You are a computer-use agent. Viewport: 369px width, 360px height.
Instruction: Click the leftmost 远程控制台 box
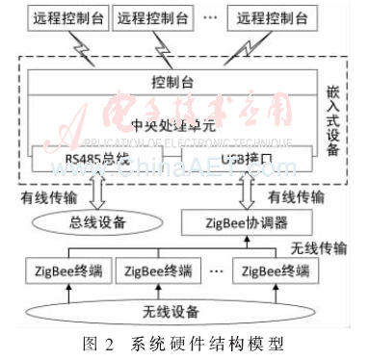click(x=56, y=16)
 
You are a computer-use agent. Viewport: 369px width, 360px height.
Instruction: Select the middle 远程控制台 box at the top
click(x=153, y=16)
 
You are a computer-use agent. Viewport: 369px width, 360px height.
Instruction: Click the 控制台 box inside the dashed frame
click(x=173, y=81)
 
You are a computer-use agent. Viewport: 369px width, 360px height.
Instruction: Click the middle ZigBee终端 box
click(x=160, y=273)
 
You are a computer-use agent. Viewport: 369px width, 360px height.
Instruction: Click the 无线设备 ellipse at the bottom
click(x=173, y=312)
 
